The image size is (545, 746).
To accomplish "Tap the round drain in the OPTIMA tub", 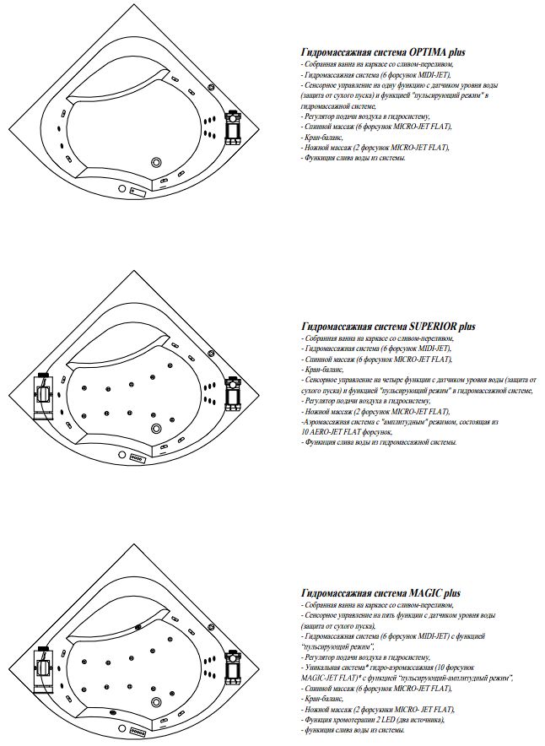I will pyautogui.click(x=156, y=162).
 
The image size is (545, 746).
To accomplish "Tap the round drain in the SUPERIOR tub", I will pyautogui.click(x=156, y=429).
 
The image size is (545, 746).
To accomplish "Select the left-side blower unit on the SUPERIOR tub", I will pyautogui.click(x=43, y=393).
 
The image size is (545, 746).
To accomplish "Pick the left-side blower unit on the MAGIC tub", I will pyautogui.click(x=43, y=662).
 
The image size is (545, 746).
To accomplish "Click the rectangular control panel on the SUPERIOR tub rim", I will pyautogui.click(x=137, y=459).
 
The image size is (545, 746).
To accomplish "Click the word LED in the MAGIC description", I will pyautogui.click(x=397, y=719).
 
